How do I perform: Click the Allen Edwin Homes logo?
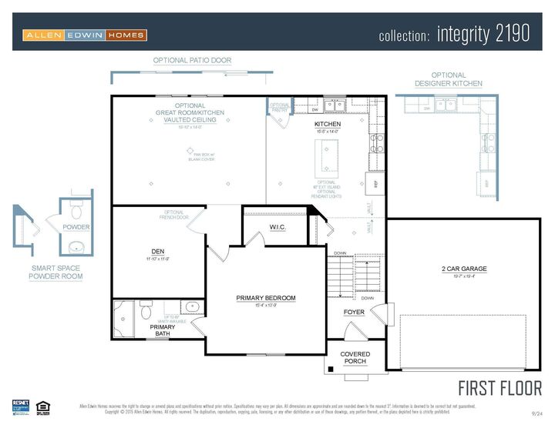click(x=84, y=35)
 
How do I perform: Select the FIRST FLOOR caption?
click(x=499, y=387)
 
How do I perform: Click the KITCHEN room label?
click(x=328, y=124)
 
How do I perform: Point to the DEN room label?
click(x=158, y=252)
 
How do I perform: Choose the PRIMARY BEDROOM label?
click(x=265, y=298)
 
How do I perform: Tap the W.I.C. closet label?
click(x=278, y=227)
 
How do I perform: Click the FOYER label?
click(x=354, y=313)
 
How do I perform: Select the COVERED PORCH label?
click(x=355, y=358)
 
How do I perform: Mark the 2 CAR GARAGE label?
click(x=464, y=269)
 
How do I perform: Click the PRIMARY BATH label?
click(x=162, y=330)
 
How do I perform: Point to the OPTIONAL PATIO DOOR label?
click(x=192, y=60)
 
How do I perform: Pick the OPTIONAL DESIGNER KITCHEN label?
click(x=448, y=79)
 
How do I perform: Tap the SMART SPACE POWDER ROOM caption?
click(x=55, y=272)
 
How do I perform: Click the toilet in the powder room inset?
click(x=76, y=211)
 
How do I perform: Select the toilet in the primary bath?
click(x=145, y=312)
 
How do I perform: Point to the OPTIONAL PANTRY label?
click(x=280, y=108)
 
